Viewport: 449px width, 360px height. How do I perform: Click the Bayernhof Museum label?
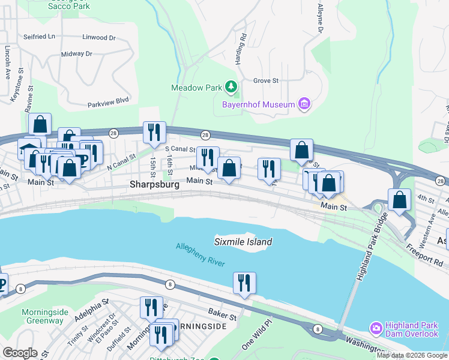pyautogui.click(x=258, y=105)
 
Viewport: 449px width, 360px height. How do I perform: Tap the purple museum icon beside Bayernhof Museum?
pyautogui.click(x=304, y=105)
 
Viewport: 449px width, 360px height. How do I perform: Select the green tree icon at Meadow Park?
pyautogui.click(x=231, y=88)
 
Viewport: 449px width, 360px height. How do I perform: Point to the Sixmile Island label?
pyautogui.click(x=243, y=242)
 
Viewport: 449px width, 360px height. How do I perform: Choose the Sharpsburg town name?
pyautogui.click(x=154, y=185)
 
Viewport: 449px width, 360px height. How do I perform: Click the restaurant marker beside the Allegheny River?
pyautogui.click(x=244, y=283)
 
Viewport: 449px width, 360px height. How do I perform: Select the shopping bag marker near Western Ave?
pyautogui.click(x=400, y=200)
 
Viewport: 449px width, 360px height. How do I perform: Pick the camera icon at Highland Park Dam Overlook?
pyautogui.click(x=376, y=328)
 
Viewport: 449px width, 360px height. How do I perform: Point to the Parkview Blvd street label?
pyautogui.click(x=109, y=101)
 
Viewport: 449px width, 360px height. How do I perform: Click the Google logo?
pyautogui.click(x=20, y=353)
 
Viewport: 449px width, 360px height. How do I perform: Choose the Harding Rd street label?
pyautogui.click(x=243, y=44)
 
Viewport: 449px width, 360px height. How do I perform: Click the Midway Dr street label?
pyautogui.click(x=76, y=54)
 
